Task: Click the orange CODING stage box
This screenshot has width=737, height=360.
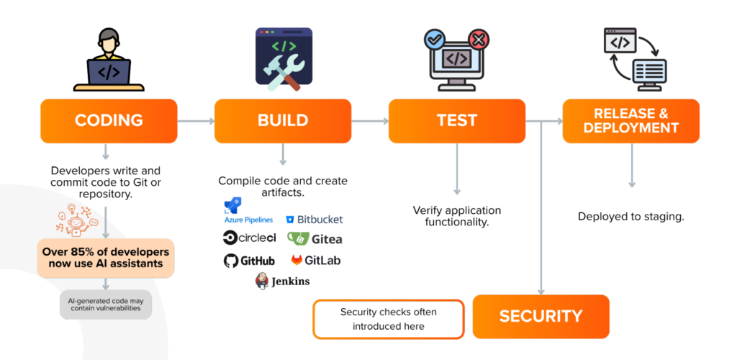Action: tap(109, 120)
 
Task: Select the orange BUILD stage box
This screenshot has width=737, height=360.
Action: tap(283, 120)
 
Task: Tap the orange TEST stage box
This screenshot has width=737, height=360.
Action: tap(456, 120)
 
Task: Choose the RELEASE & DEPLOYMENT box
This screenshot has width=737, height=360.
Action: tap(630, 120)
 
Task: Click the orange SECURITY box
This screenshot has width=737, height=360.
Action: tap(541, 316)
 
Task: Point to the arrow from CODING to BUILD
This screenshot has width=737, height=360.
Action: tap(195, 121)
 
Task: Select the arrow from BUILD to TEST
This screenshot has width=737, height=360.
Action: tap(369, 121)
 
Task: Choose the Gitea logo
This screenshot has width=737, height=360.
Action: tap(315, 238)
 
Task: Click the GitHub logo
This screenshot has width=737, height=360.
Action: tap(249, 261)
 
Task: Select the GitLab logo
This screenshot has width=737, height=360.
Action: tap(315, 260)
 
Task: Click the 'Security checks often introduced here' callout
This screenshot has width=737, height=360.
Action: tap(388, 319)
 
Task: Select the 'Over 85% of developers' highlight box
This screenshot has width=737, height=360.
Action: tap(105, 258)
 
